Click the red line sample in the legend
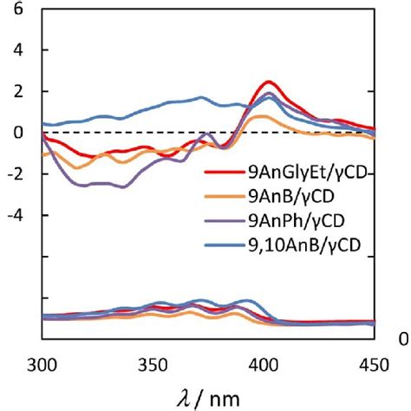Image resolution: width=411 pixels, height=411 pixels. tap(223, 174)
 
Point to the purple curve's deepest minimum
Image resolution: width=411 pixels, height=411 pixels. tap(124, 186)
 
